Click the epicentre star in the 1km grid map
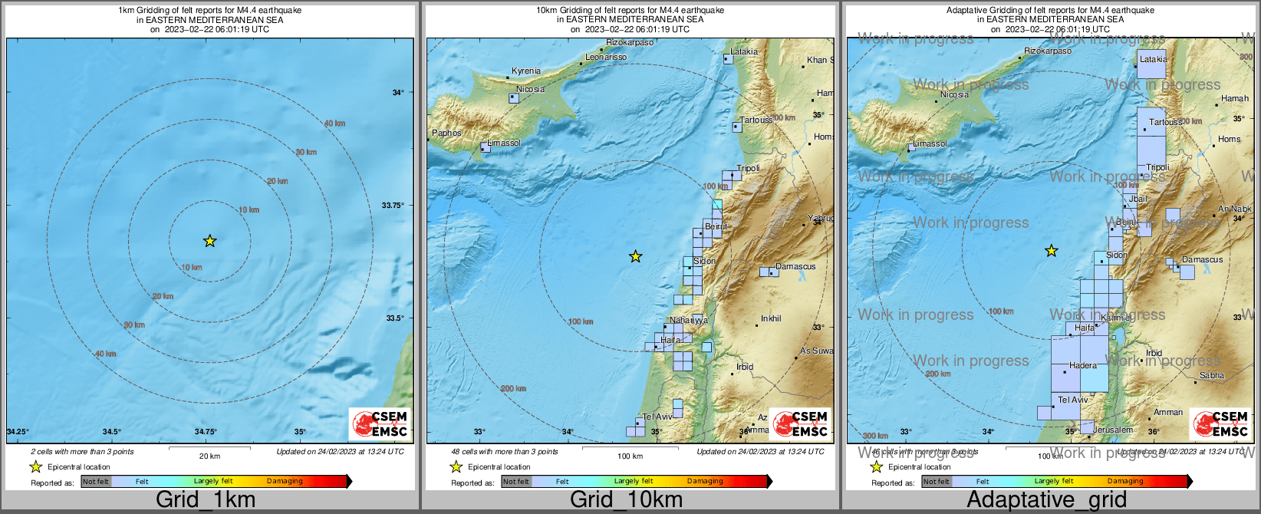point(209,241)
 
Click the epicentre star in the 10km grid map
point(635,256)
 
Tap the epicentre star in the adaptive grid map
point(1052,251)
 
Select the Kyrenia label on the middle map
point(526,71)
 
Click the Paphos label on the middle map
point(446,133)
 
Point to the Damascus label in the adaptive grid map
point(1202,259)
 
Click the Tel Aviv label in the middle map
point(657,417)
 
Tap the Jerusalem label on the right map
point(1112,430)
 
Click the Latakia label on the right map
point(1153,59)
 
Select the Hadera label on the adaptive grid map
point(1082,365)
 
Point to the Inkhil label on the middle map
point(771,318)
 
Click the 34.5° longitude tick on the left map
point(112,432)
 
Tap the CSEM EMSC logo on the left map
point(380,423)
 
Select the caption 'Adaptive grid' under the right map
point(1046,499)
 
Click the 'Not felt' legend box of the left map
point(96,482)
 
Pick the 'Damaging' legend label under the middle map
point(704,481)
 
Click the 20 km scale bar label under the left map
point(209,456)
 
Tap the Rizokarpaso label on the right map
point(1048,51)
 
